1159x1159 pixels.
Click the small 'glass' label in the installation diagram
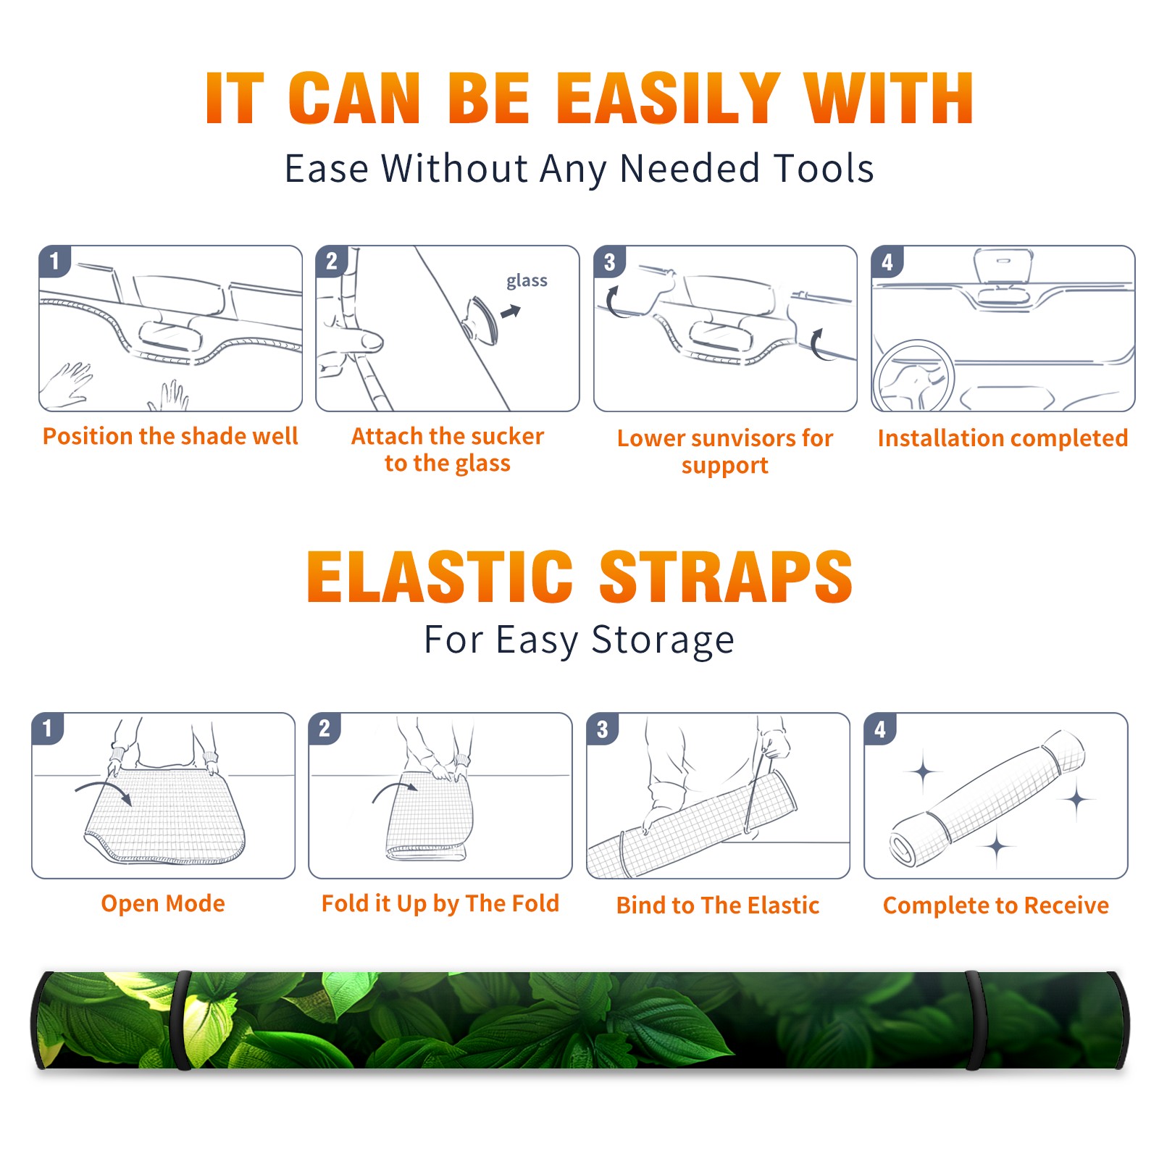[527, 281]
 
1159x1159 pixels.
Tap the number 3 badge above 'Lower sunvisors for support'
[609, 261]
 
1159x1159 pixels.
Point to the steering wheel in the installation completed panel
[913, 376]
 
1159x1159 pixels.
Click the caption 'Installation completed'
[1003, 438]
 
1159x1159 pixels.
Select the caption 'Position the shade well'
[170, 436]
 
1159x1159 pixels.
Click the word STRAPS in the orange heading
[726, 577]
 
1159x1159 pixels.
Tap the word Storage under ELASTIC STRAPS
[663, 640]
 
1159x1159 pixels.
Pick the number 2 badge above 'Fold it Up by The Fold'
[325, 728]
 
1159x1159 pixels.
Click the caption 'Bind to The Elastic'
[718, 905]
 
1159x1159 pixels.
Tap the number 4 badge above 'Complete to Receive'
[880, 729]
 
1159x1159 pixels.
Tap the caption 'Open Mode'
[163, 904]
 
